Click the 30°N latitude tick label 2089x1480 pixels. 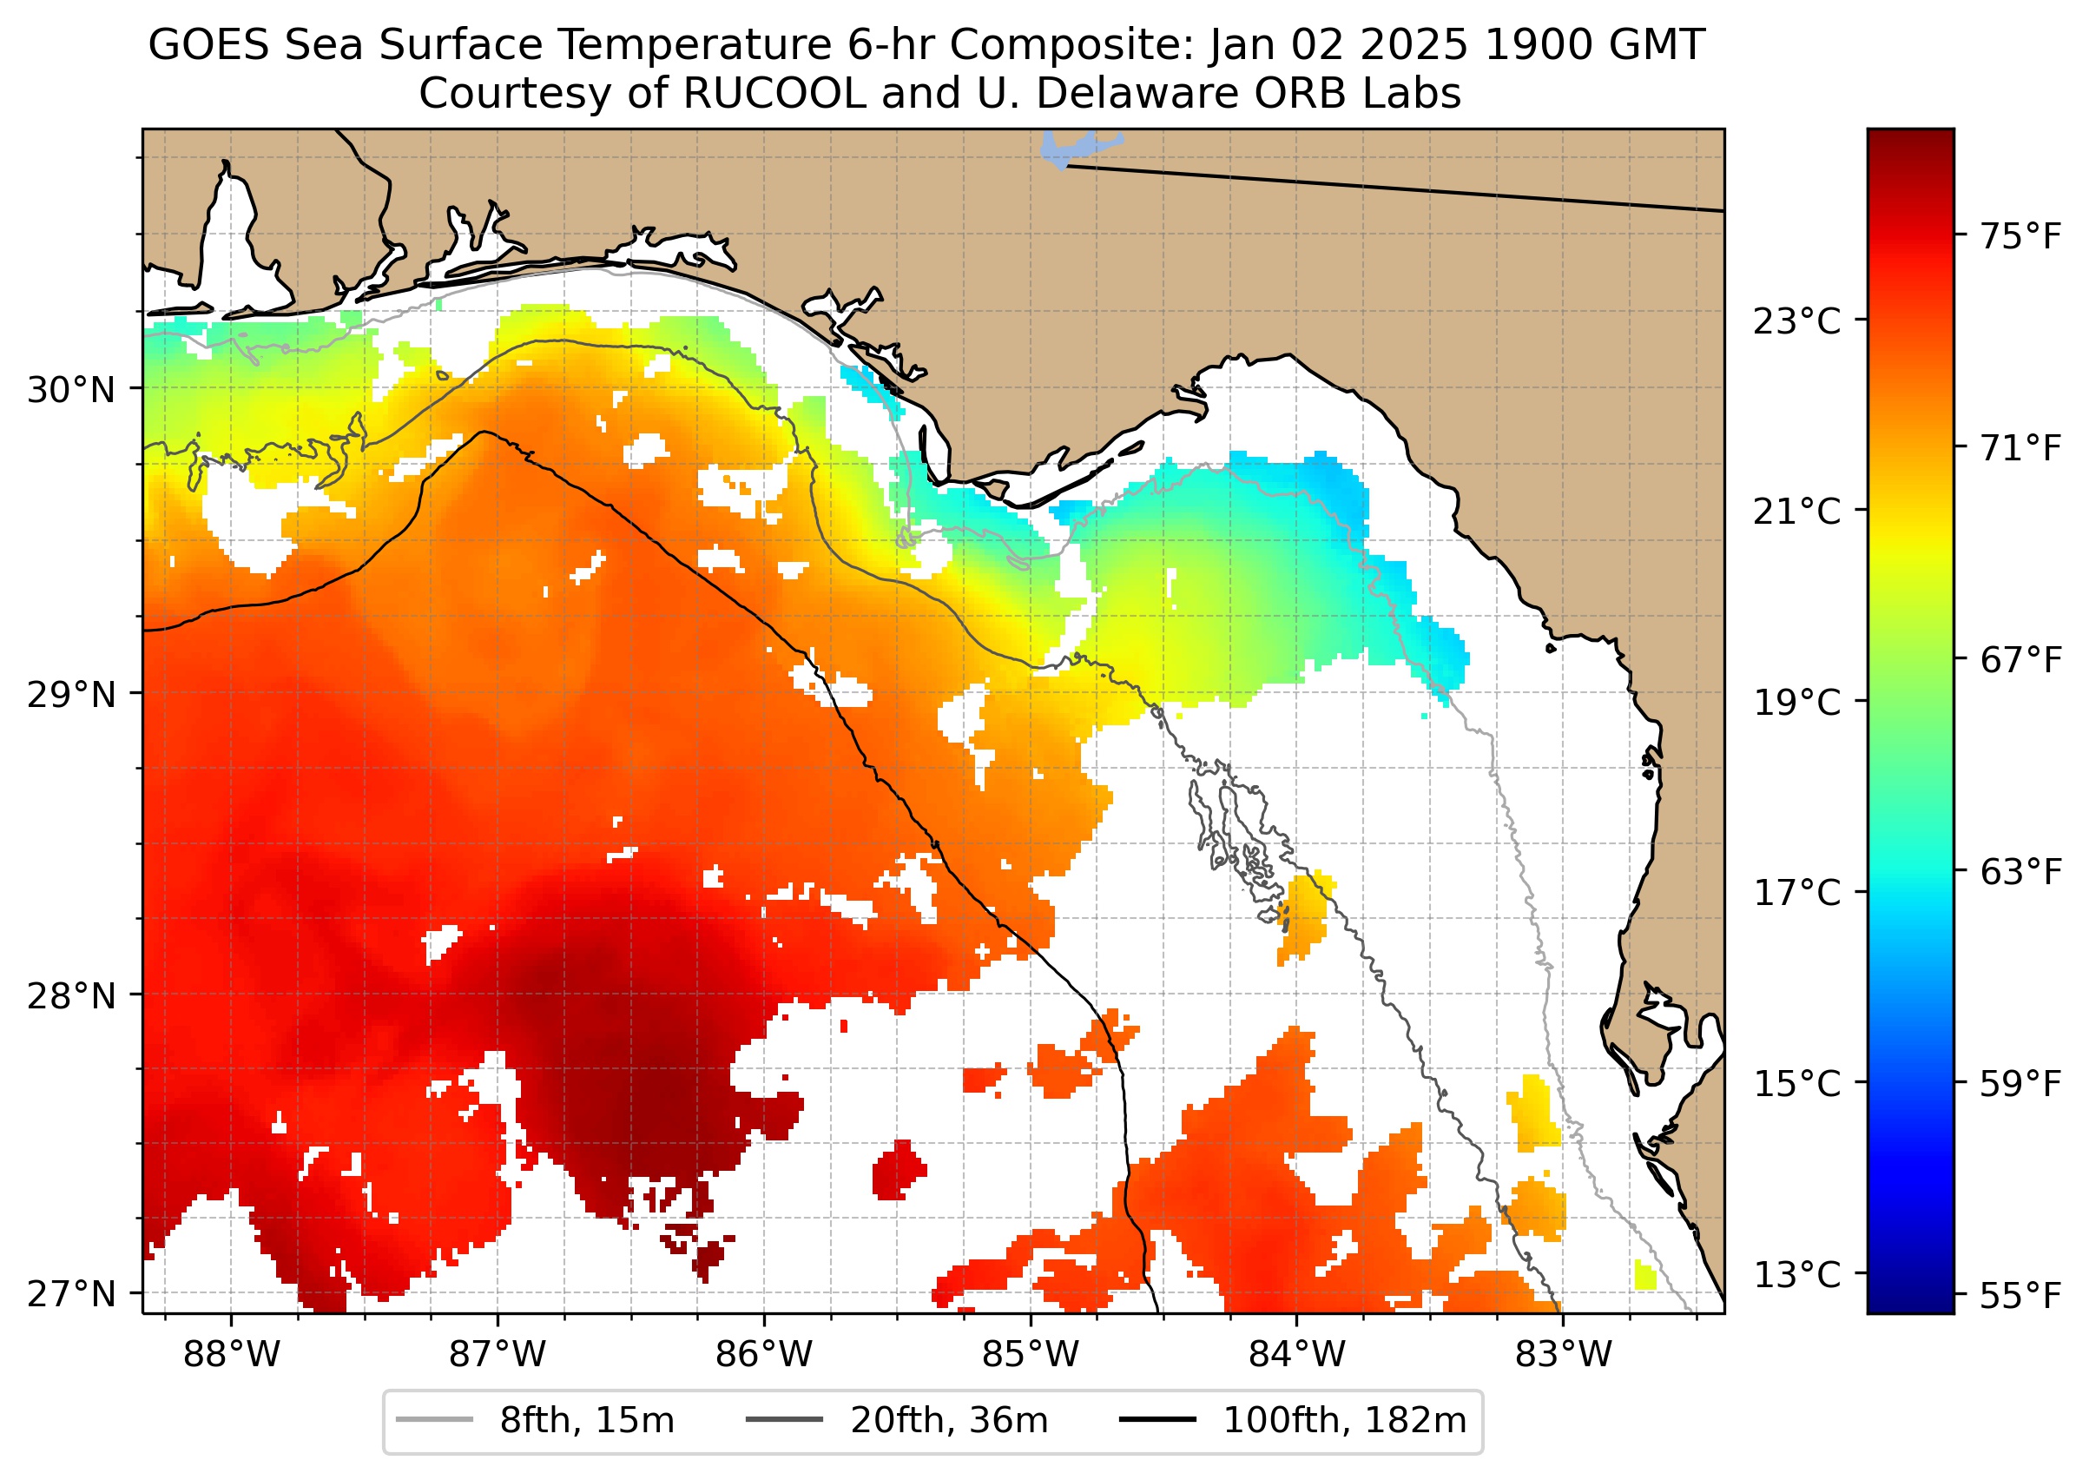tap(71, 390)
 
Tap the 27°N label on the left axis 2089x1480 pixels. tap(71, 1293)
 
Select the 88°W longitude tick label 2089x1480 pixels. tap(232, 1355)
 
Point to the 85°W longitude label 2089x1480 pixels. tap(1031, 1355)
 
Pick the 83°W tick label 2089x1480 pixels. tap(1564, 1355)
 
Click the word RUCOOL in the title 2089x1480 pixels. tap(774, 94)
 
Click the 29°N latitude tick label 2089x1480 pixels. tap(71, 695)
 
